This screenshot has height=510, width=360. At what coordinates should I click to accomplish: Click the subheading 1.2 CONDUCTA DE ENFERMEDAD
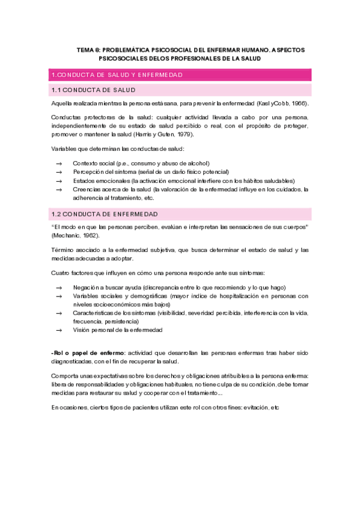click(105, 214)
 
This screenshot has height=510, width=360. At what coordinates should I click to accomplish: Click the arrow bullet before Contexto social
click(59, 164)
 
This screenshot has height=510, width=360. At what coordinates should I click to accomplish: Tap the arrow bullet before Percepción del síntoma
click(59, 172)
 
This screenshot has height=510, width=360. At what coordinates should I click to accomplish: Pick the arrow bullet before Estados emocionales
click(59, 180)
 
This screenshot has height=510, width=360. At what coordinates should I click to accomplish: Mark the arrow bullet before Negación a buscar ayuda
click(59, 287)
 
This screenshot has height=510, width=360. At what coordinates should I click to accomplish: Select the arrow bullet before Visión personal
click(59, 330)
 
